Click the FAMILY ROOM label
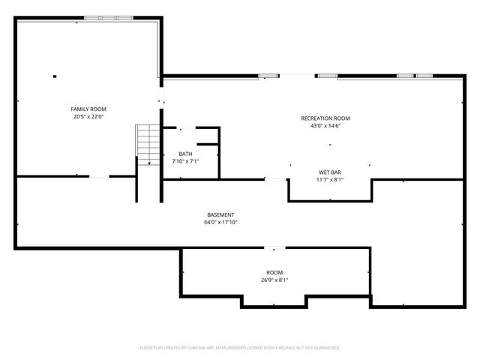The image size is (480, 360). click(88, 109)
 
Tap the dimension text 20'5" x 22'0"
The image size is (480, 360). click(88, 117)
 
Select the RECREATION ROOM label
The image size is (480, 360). click(325, 118)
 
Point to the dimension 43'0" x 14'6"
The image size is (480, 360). click(325, 126)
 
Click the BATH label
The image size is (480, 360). click(185, 154)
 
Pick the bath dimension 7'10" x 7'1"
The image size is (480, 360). click(185, 161)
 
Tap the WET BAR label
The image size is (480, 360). click(330, 172)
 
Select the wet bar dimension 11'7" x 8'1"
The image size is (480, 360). click(330, 180)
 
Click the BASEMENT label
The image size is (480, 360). click(220, 215)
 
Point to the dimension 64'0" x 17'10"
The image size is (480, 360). click(220, 223)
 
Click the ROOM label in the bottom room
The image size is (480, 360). click(274, 272)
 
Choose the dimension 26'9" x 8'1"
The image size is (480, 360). click(274, 280)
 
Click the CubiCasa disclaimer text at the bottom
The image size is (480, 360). click(240, 348)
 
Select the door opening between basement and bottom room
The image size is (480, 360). click(274, 248)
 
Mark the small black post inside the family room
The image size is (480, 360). click(55, 75)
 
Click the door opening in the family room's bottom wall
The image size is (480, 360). click(100, 177)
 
